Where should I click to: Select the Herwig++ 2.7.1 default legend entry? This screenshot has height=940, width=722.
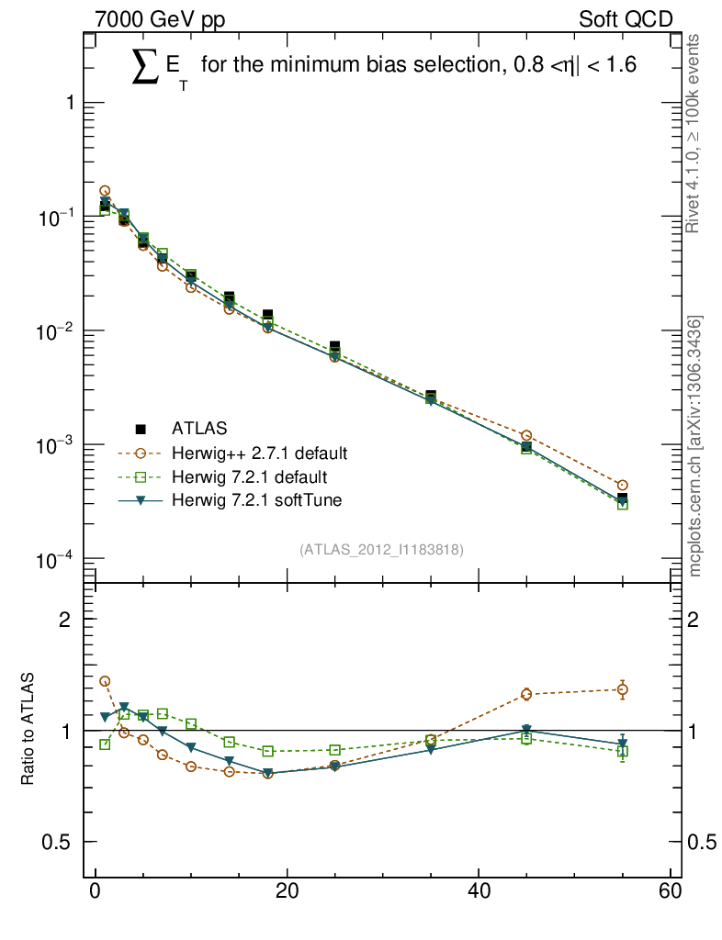258,453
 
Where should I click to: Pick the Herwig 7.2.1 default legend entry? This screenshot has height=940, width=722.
249,476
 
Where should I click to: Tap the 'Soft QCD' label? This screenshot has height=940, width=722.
626,19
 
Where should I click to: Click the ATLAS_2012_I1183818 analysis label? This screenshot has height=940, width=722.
380,549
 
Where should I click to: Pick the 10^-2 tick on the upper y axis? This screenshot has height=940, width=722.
57,331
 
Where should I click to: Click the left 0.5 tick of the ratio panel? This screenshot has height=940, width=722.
62,843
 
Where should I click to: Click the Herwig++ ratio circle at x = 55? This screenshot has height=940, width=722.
623,689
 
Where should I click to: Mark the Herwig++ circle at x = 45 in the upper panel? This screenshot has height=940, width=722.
526,436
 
